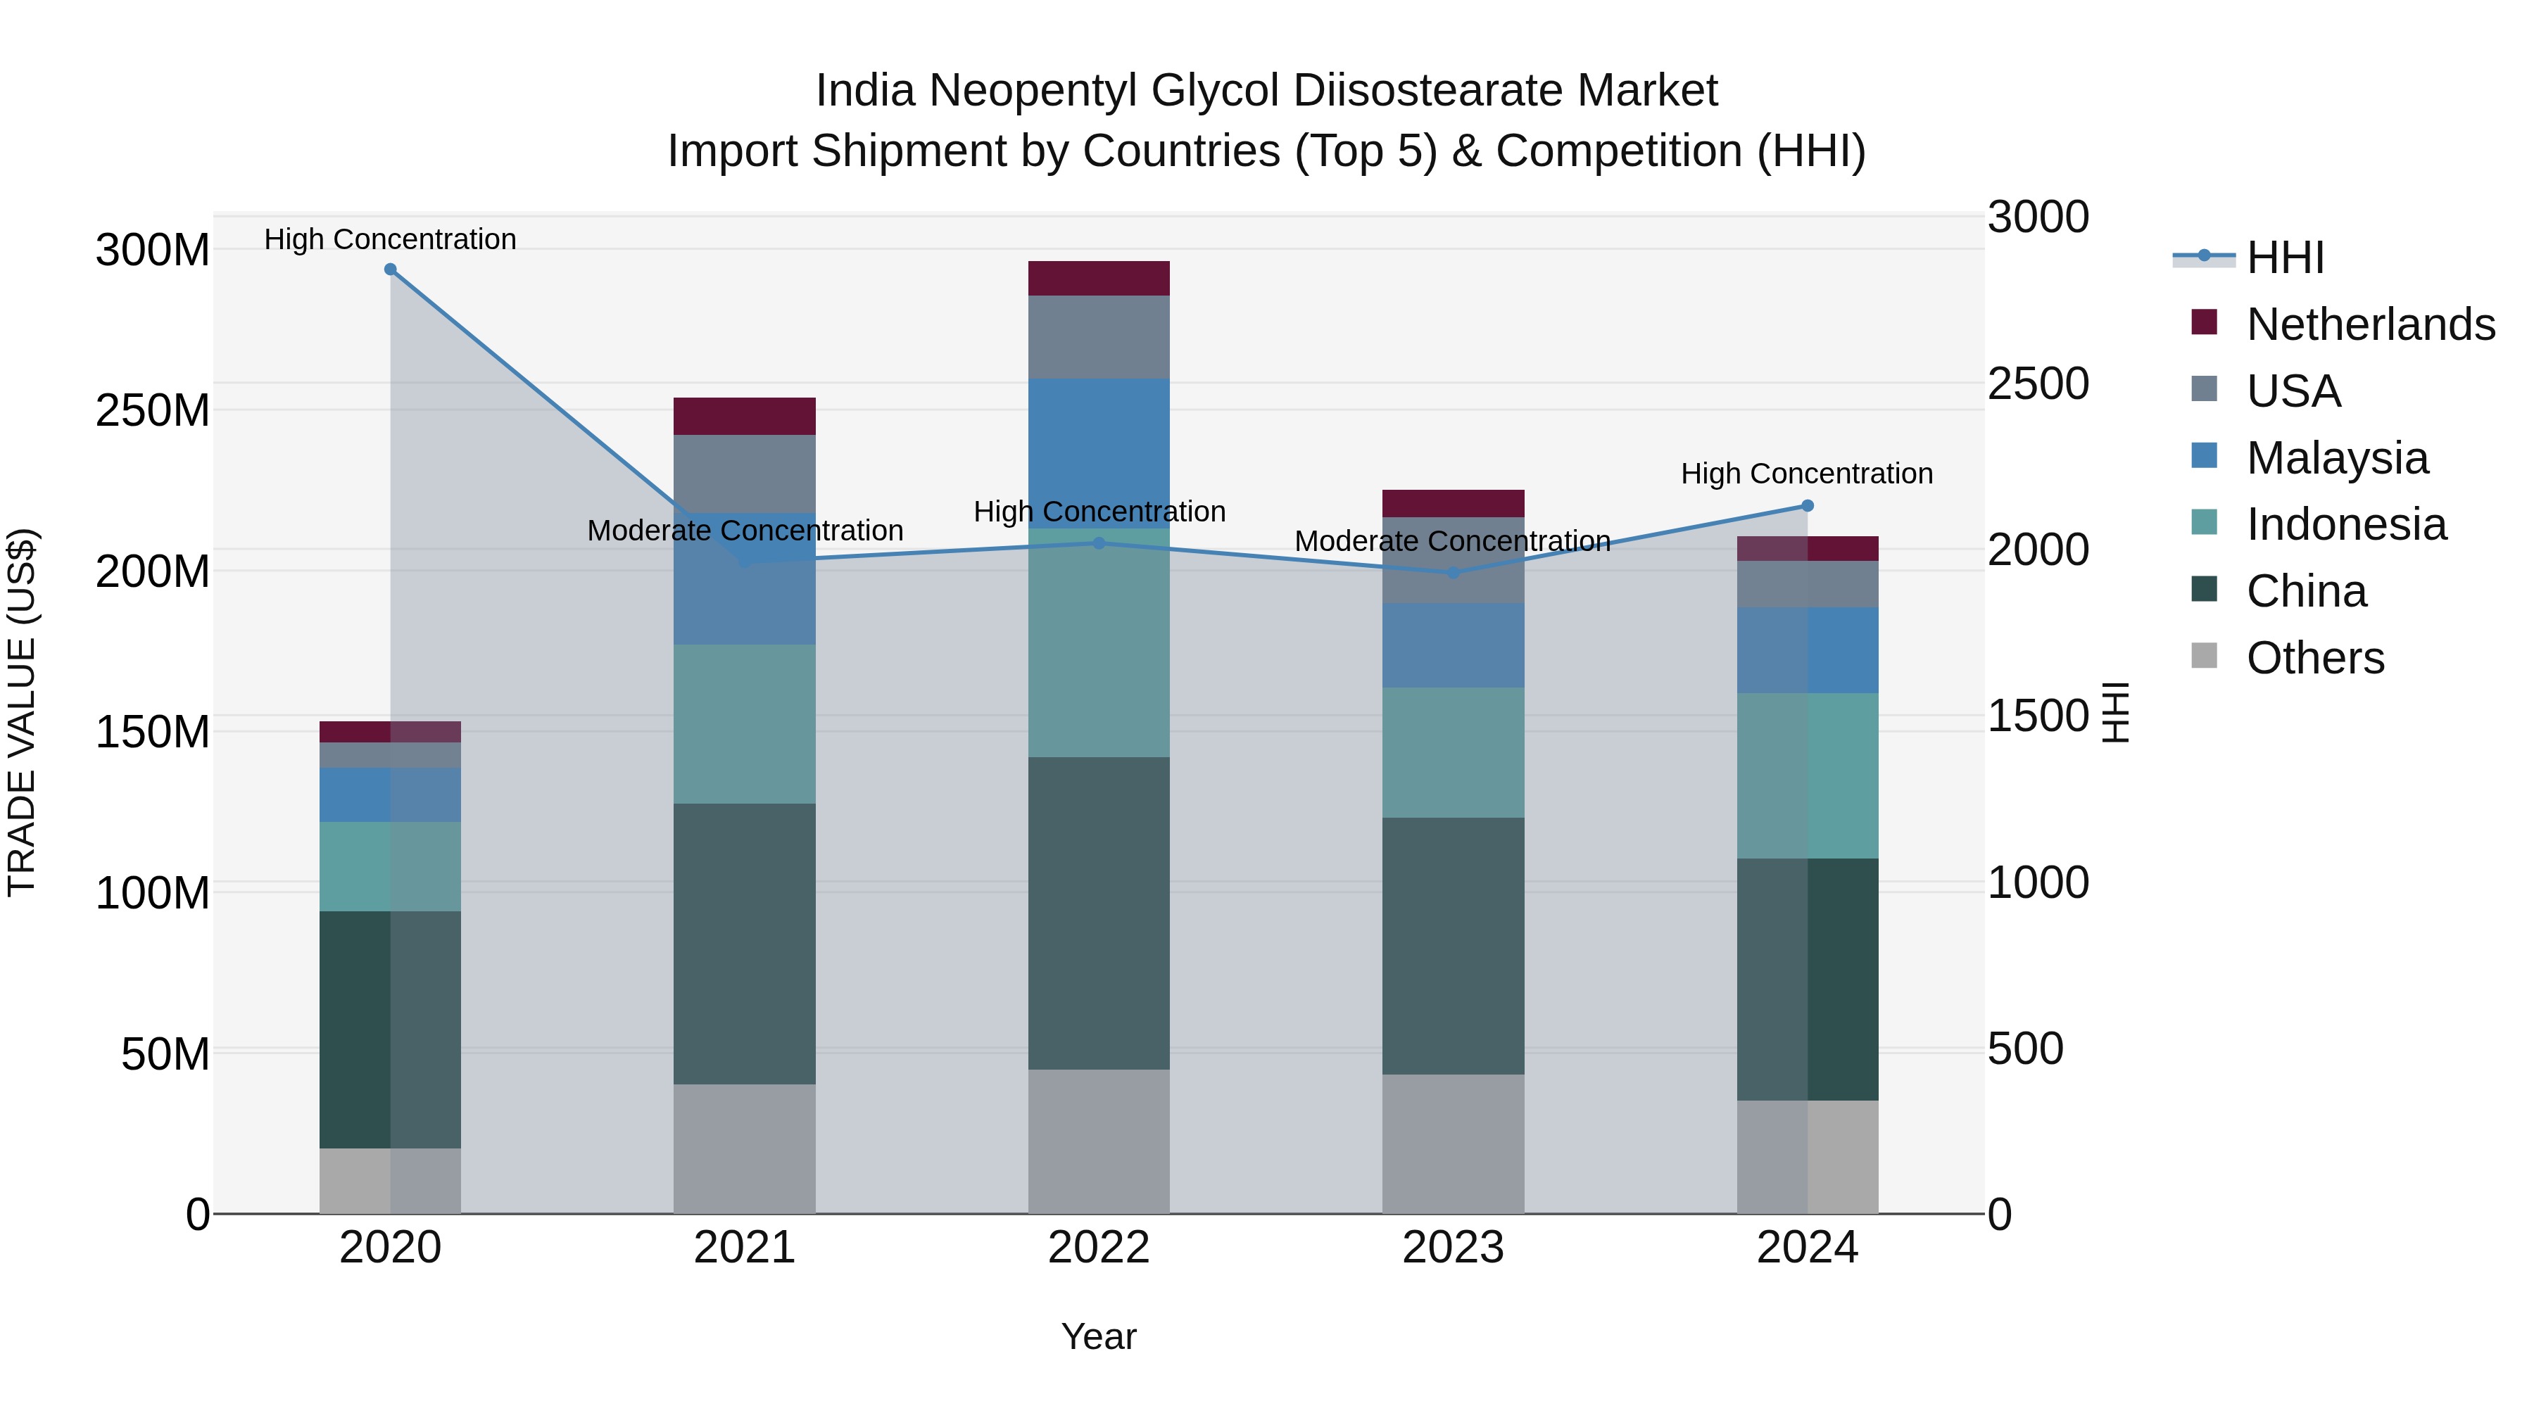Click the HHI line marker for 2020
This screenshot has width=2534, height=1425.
(x=391, y=270)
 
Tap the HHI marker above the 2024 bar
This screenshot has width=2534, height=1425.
(x=1807, y=505)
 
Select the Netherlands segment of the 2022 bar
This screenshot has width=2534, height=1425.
(x=1099, y=278)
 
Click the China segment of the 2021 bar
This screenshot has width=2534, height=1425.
(x=745, y=944)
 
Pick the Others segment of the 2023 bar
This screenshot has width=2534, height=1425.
(x=1453, y=1144)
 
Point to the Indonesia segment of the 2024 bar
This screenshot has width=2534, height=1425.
(x=1807, y=776)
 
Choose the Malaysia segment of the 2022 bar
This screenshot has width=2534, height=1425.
(x=1099, y=453)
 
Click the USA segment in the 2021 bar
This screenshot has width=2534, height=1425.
(x=745, y=474)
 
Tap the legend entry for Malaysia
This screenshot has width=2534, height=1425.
(x=2336, y=458)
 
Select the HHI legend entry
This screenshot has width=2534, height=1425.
(x=2284, y=258)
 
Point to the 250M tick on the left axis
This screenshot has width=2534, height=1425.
(x=153, y=410)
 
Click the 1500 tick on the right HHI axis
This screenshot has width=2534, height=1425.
(x=2037, y=716)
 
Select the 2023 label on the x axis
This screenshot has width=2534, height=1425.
(x=1453, y=1248)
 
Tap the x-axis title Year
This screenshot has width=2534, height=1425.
(x=1099, y=1336)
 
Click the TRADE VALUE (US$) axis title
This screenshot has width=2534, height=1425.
(x=22, y=712)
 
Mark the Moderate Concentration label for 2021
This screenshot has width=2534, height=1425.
(x=745, y=531)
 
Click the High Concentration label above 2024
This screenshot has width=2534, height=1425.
(x=1807, y=474)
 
